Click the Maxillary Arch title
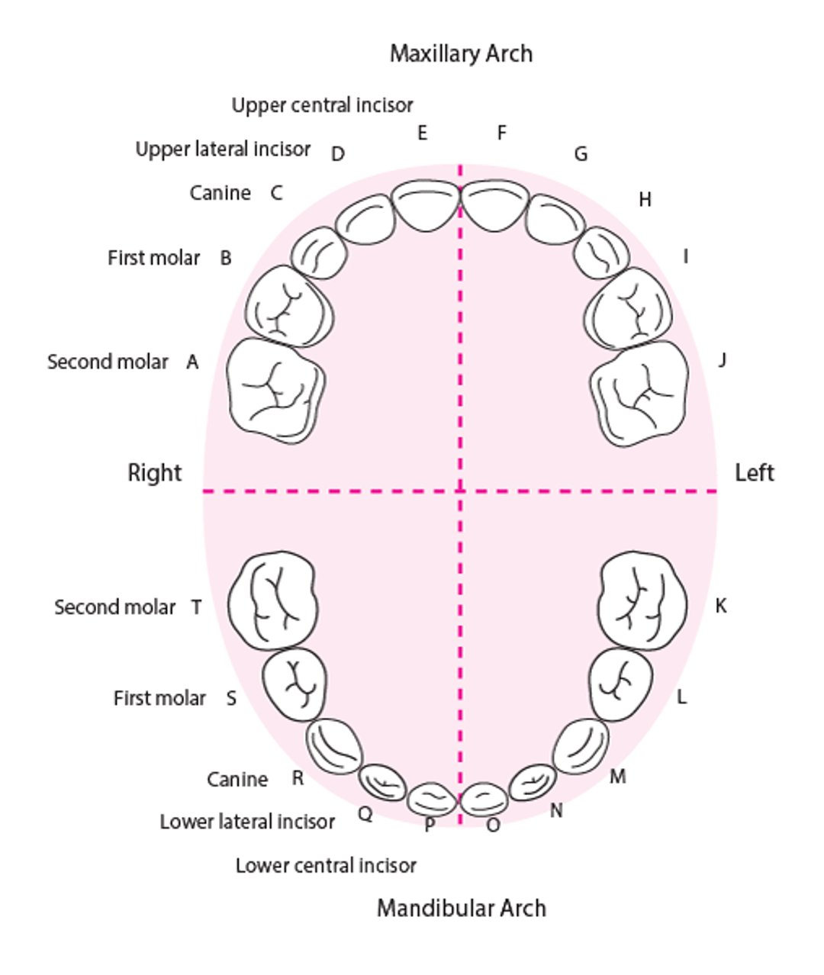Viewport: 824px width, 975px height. pyautogui.click(x=461, y=54)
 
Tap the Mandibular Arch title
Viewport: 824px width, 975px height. pyautogui.click(x=461, y=908)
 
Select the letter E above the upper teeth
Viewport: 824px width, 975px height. pyautogui.click(x=422, y=134)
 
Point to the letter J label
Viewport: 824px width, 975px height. pyautogui.click(x=722, y=359)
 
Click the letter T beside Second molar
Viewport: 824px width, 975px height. pyautogui.click(x=196, y=607)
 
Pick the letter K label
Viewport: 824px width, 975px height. pyautogui.click(x=720, y=607)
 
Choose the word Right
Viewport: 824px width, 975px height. pyautogui.click(x=154, y=473)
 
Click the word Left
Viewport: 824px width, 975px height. pyautogui.click(x=754, y=473)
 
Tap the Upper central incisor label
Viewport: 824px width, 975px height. pyautogui.click(x=322, y=105)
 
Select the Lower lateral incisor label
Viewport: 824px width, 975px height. pyautogui.click(x=247, y=822)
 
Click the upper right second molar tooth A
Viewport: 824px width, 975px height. pyautogui.click(x=276, y=390)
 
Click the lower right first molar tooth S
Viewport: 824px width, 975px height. pyautogui.click(x=295, y=684)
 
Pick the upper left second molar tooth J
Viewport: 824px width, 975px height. pyautogui.click(x=641, y=391)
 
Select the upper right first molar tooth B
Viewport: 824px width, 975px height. pyautogui.click(x=288, y=306)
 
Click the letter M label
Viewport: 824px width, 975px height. pyautogui.click(x=618, y=777)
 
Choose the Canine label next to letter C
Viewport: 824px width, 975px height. pyautogui.click(x=220, y=193)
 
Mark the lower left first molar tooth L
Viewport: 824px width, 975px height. pyautogui.click(x=622, y=684)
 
